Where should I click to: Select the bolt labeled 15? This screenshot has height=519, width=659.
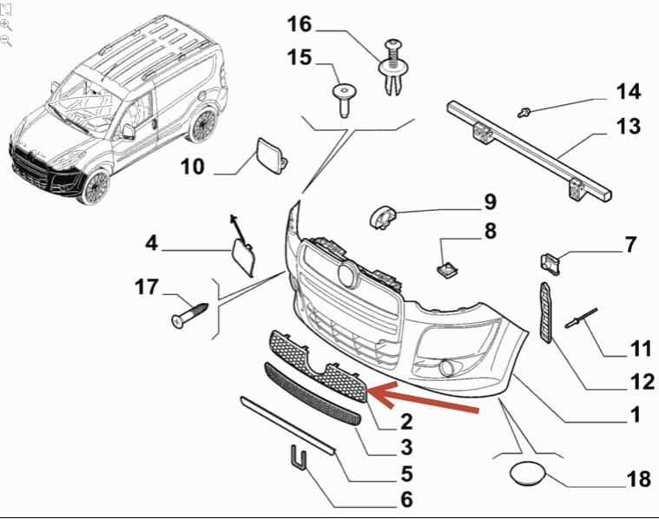346,96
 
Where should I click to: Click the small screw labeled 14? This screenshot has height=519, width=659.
524,110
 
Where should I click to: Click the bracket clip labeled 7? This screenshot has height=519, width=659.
548,260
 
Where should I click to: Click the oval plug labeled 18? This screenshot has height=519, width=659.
525,476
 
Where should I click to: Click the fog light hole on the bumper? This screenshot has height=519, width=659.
449,368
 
